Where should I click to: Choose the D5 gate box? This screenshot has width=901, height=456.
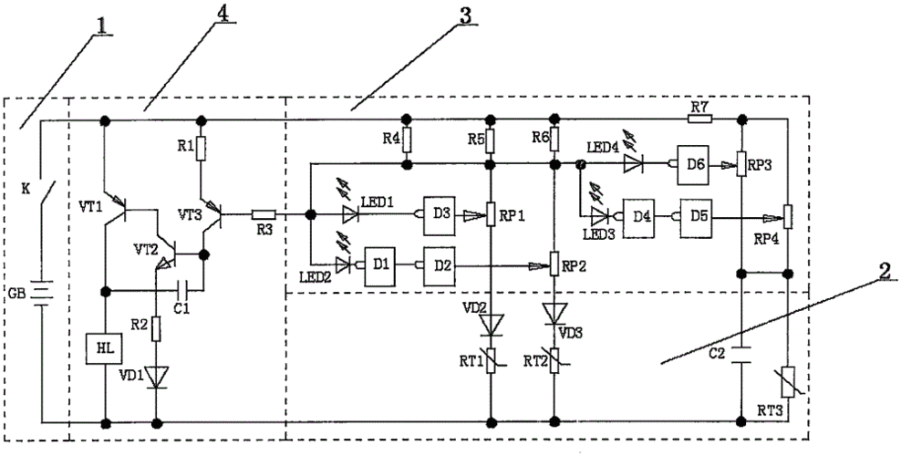(x=698, y=217)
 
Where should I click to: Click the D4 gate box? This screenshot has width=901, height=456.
(x=640, y=217)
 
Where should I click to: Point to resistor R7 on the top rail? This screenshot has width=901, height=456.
(x=700, y=119)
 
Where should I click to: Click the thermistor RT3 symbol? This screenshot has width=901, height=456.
(x=786, y=378)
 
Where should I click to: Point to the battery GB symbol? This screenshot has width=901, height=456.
(x=41, y=297)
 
